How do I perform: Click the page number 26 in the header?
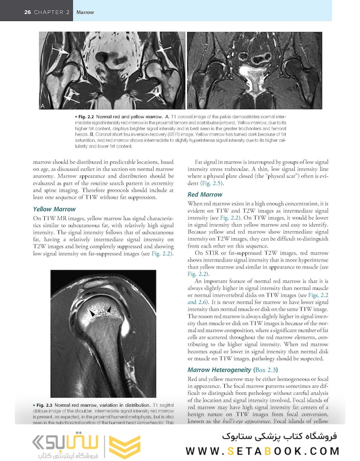point(28,12)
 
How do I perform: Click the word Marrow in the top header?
point(85,12)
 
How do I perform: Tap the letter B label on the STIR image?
point(191,105)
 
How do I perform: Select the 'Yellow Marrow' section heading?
point(54,209)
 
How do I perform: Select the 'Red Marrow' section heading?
point(205,195)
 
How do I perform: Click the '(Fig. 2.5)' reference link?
point(211,184)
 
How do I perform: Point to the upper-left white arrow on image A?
point(61,51)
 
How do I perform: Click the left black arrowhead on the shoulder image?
point(92,314)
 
